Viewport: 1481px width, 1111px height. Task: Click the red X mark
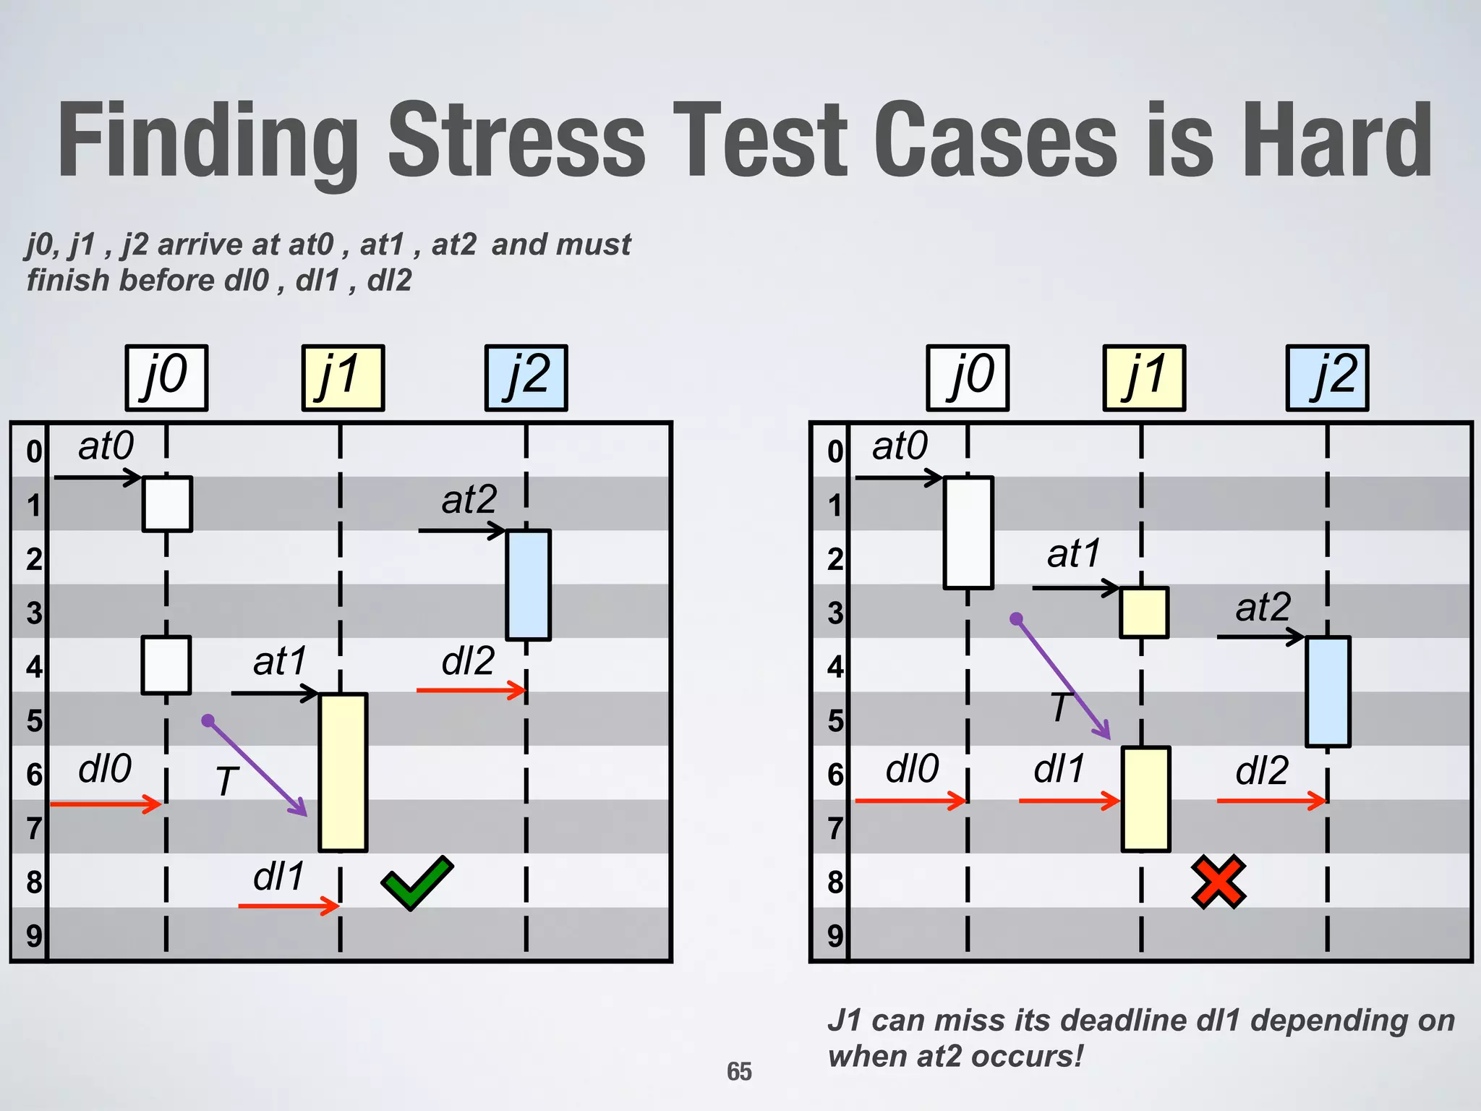(1218, 882)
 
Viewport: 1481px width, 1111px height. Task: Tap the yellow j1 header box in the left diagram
(343, 378)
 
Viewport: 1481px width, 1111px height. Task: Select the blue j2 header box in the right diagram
(1327, 378)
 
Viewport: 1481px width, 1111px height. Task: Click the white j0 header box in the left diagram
(166, 378)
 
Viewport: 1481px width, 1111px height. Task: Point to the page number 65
(739, 1071)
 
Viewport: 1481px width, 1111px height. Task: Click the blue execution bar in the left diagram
(529, 585)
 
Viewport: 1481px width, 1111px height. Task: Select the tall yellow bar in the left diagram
(343, 772)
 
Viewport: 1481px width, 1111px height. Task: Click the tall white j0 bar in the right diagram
(968, 532)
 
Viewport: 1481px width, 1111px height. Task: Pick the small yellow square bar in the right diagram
(1144, 613)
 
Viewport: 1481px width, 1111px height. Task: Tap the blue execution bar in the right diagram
(1328, 691)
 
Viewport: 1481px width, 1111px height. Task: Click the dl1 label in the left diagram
(279, 877)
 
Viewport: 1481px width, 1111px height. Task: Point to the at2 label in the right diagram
(1263, 607)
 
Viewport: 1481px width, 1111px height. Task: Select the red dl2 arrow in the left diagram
(470, 691)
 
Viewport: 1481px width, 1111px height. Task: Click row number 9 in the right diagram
(835, 936)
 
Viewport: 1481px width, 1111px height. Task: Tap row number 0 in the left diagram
(34, 451)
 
